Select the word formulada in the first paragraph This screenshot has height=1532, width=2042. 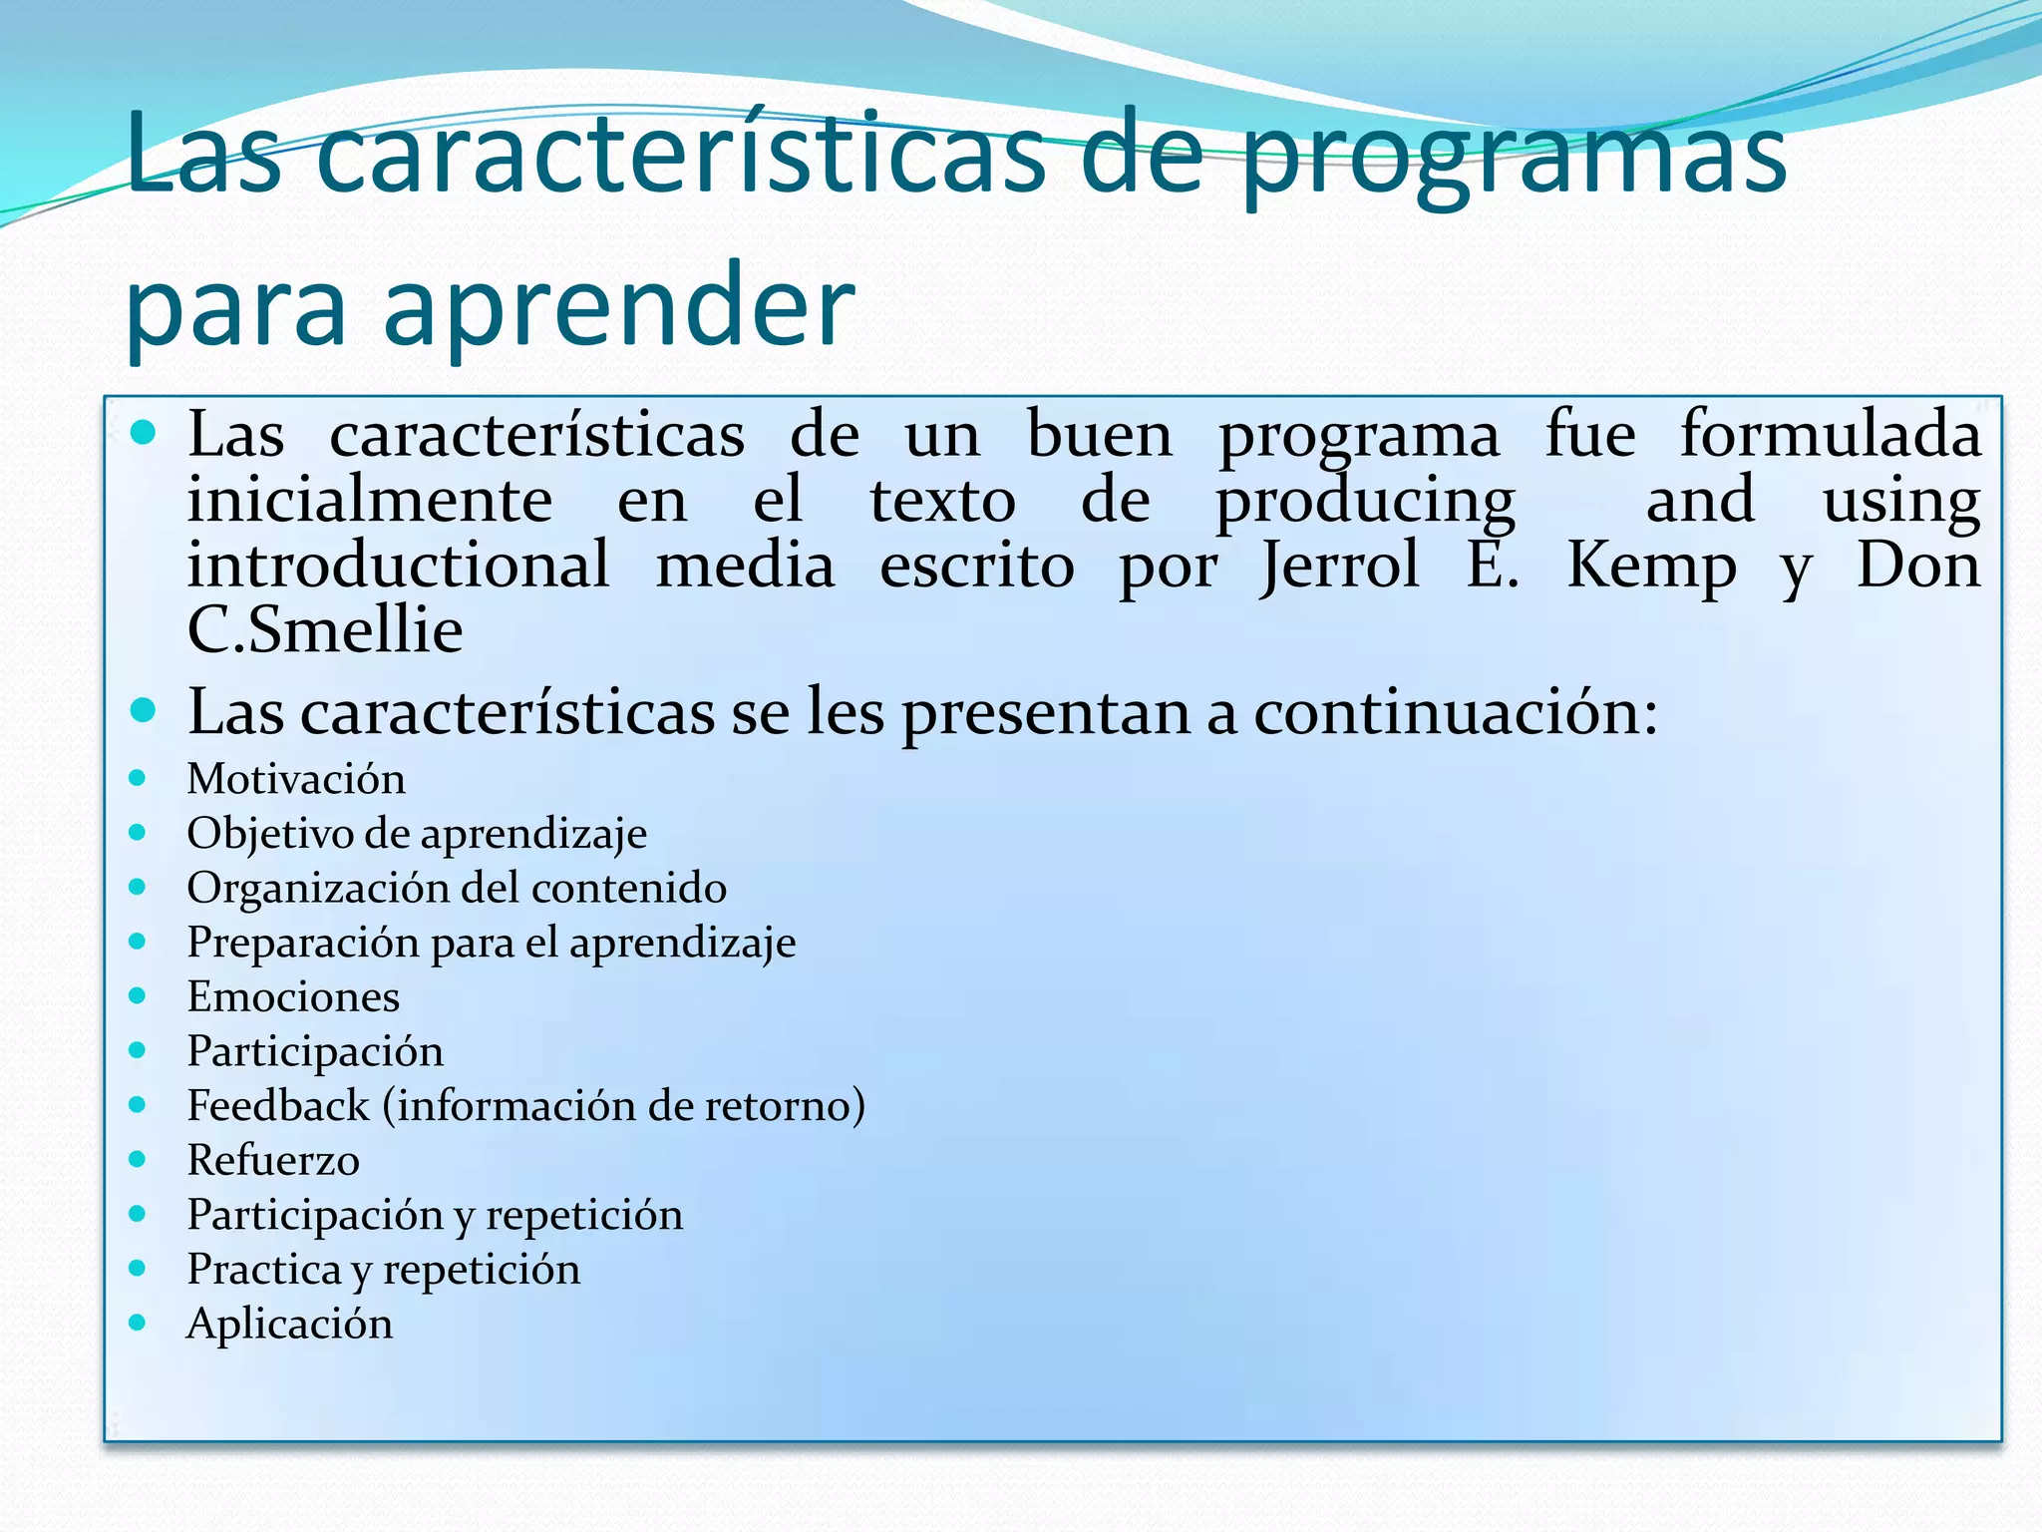click(x=1831, y=436)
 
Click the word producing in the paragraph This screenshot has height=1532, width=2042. click(x=1365, y=502)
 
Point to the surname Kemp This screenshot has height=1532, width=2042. click(x=1651, y=567)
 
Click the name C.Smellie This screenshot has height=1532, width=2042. click(x=325, y=630)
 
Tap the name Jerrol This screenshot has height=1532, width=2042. click(x=1340, y=567)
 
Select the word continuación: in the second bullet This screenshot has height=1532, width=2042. click(x=1456, y=712)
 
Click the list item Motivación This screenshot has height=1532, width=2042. click(x=296, y=779)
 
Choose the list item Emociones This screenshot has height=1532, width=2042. click(x=293, y=996)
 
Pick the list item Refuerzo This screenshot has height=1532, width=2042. click(x=273, y=1160)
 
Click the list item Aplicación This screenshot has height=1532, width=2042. click(x=289, y=1324)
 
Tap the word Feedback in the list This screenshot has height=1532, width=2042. click(x=278, y=1106)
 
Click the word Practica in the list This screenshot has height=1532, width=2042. click(x=264, y=1270)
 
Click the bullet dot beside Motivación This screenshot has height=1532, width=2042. click(x=138, y=778)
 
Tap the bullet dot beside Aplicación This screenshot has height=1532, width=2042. click(x=138, y=1323)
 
